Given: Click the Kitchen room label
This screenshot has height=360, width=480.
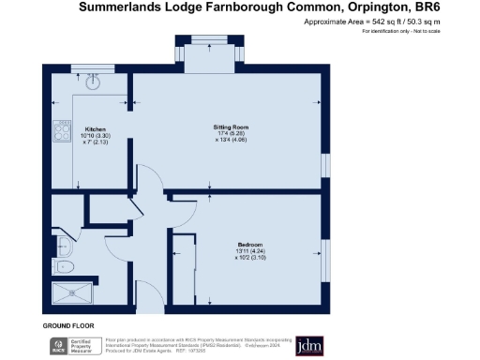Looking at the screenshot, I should tap(95, 129).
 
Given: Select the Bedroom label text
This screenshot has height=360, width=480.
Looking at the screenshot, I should tap(249, 246).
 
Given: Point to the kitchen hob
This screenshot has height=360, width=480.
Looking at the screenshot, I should tap(63, 132).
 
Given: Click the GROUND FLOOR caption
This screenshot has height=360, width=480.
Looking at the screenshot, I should tap(67, 325).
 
